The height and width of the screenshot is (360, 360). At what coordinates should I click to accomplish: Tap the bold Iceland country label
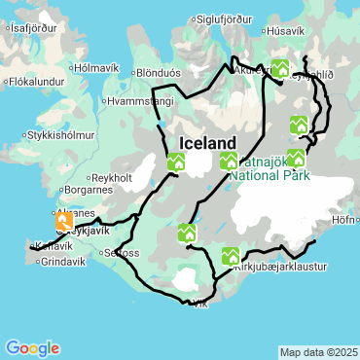point(208,143)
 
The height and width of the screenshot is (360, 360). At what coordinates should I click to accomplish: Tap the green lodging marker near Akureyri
point(281,68)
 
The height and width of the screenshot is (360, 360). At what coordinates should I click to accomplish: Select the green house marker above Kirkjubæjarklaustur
point(231,256)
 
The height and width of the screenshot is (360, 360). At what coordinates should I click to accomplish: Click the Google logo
point(31,347)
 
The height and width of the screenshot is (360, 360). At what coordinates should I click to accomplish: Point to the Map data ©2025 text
point(316,351)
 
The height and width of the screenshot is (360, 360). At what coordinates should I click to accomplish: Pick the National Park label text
point(270,176)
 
